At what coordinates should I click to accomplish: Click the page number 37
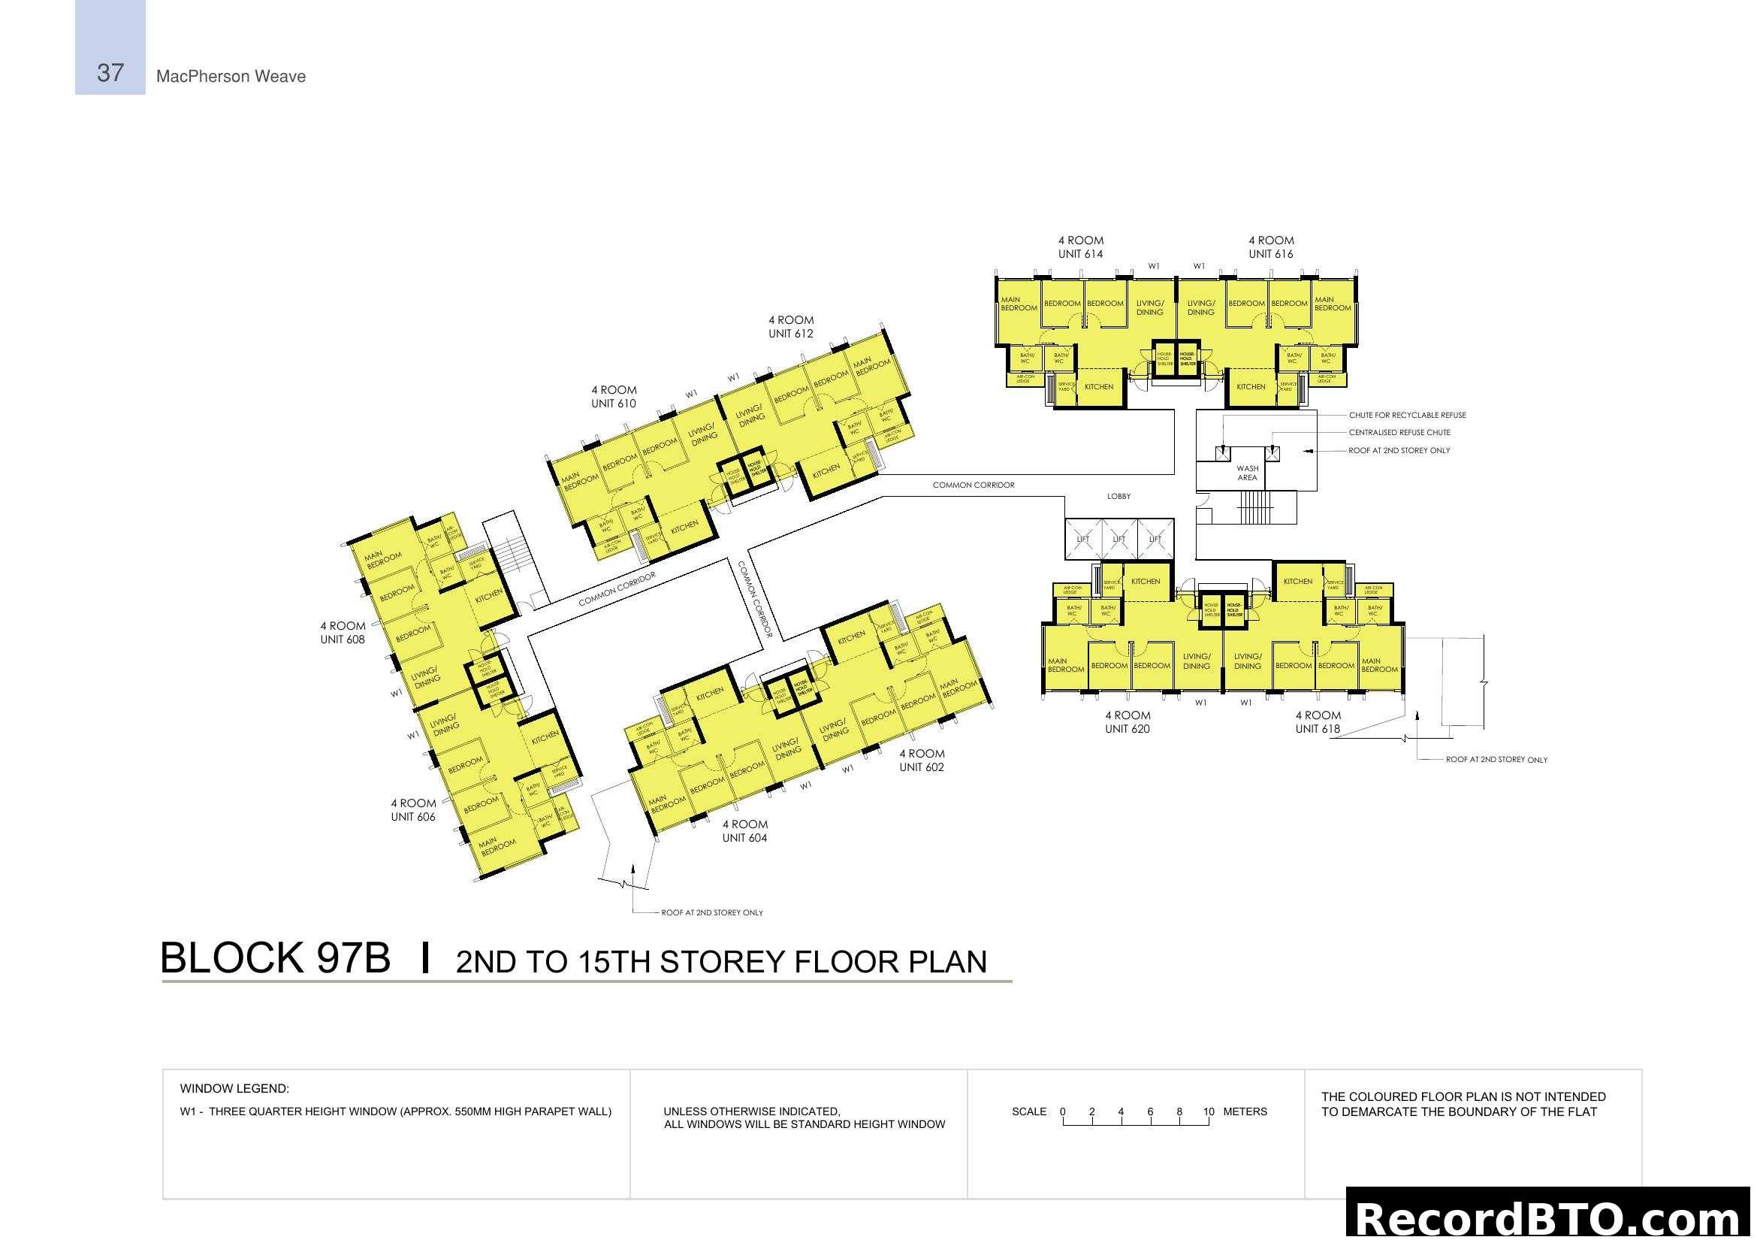110,73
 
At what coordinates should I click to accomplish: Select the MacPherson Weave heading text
231,77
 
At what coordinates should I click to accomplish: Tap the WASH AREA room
1247,473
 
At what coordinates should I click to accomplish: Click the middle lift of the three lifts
1118,539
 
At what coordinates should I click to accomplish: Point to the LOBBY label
1118,497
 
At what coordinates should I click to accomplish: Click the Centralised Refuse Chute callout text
1399,432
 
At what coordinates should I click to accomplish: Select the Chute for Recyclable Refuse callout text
1406,415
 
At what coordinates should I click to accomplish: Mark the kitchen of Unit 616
1251,387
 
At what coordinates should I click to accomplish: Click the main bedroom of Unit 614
1019,304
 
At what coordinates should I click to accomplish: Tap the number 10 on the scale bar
1208,1111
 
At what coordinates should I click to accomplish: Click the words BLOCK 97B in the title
275,958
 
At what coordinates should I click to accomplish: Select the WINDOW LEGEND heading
234,1088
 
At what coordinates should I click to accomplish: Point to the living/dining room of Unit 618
1247,661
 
